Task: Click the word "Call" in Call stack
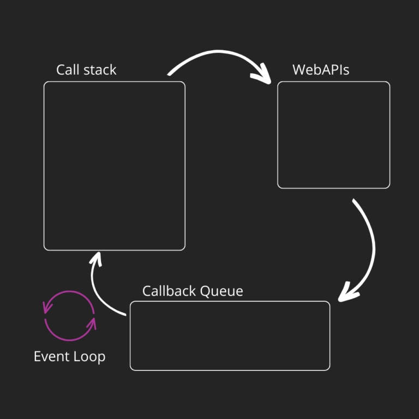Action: (x=67, y=70)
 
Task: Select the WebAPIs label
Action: (x=321, y=70)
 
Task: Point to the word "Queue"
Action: (x=221, y=291)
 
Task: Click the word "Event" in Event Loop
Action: (x=50, y=356)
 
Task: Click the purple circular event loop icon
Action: (x=69, y=316)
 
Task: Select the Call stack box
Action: (x=114, y=166)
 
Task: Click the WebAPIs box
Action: (x=333, y=135)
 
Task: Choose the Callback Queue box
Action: (x=230, y=336)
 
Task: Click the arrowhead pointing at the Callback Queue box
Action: (x=348, y=292)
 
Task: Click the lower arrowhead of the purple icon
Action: (x=91, y=324)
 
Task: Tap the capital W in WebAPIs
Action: (x=298, y=70)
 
